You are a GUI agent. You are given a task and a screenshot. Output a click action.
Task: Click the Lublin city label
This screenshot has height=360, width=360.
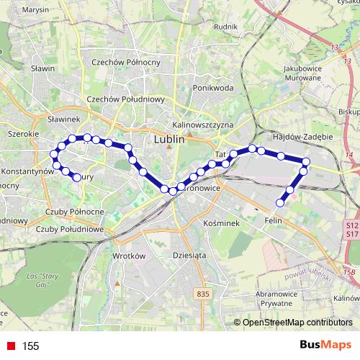click(170, 140)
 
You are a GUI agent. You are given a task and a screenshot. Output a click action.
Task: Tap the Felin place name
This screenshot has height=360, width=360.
click(273, 220)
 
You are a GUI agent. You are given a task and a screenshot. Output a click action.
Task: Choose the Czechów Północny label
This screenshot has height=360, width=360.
click(119, 62)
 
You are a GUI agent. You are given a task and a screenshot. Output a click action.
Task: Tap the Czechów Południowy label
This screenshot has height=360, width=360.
click(126, 99)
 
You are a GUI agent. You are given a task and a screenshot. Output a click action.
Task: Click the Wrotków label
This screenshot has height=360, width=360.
click(130, 256)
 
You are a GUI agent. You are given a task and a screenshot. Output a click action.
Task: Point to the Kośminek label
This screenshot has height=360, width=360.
click(220, 223)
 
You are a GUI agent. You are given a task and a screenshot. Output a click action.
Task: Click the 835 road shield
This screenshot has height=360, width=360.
click(203, 294)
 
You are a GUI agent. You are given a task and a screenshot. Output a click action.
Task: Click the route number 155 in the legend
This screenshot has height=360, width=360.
click(30, 346)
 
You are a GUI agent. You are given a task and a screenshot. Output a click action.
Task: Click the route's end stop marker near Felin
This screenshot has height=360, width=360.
click(281, 203)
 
